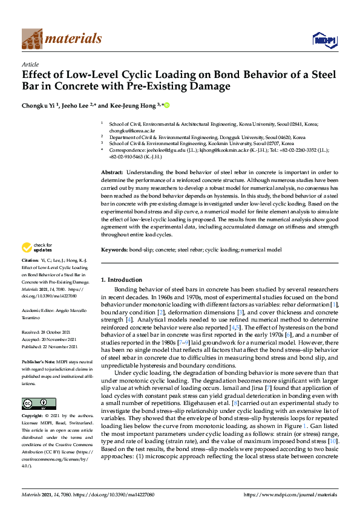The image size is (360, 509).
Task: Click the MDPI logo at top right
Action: tap(323, 40)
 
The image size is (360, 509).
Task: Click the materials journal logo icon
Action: tap(31, 39)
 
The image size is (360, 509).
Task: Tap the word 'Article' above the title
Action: tap(30, 64)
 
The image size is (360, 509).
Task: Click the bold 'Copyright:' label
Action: tap(33, 417)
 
